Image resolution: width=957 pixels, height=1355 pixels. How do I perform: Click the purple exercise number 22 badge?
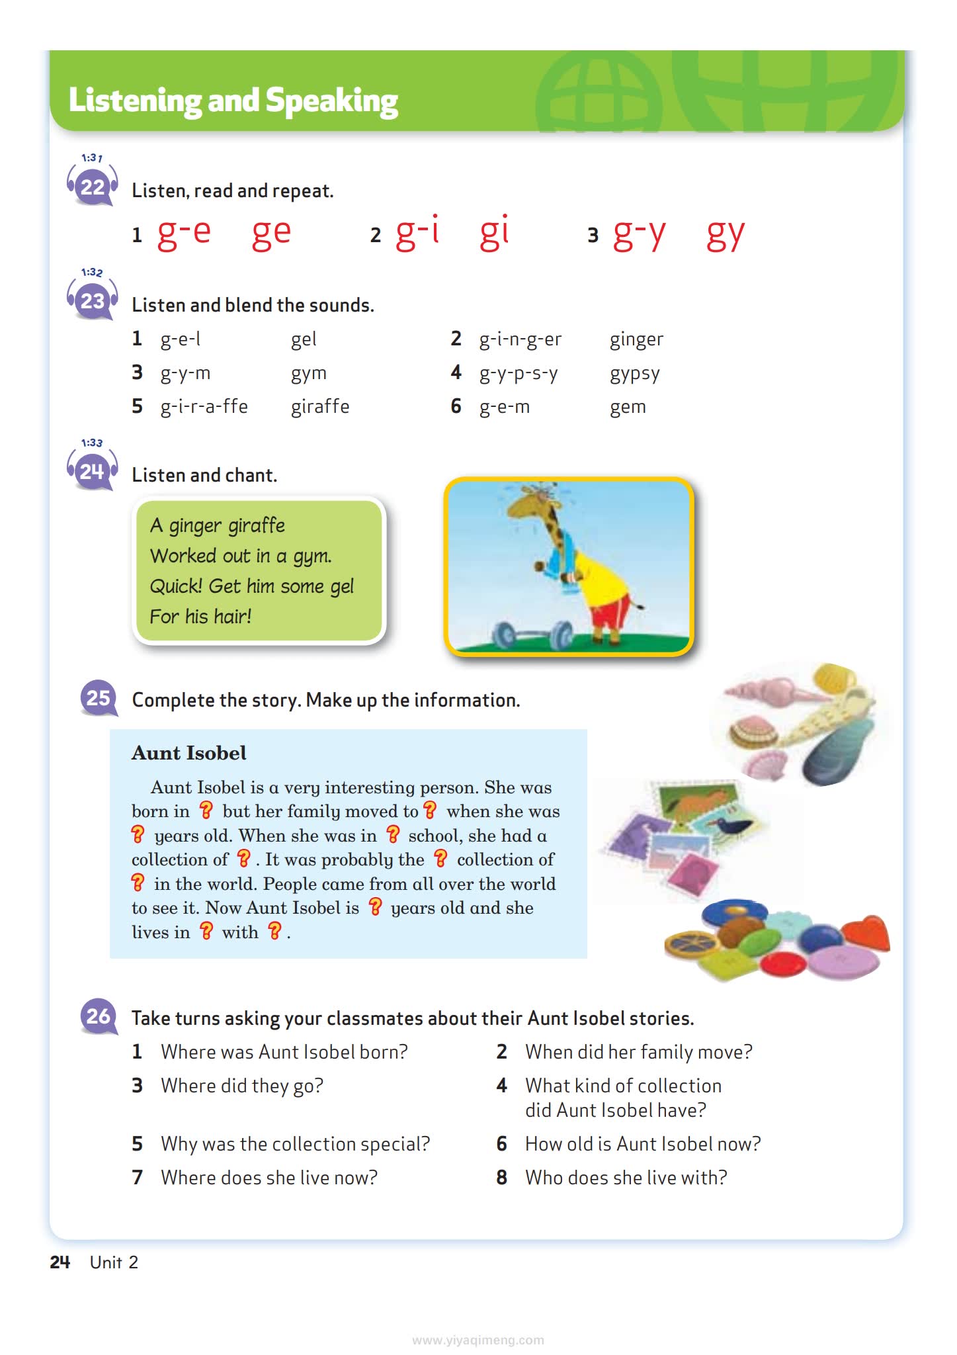[x=93, y=187]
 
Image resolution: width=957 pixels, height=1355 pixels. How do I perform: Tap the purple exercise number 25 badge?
[x=99, y=698]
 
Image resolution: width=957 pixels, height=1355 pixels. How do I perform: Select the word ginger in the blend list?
[x=636, y=339]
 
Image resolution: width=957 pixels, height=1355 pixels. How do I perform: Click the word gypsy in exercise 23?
[x=634, y=374]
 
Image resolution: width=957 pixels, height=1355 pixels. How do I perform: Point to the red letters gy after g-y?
[x=726, y=233]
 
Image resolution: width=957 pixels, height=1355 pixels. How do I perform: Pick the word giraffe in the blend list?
[x=320, y=406]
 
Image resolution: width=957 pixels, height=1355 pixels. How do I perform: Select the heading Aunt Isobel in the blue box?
[x=188, y=753]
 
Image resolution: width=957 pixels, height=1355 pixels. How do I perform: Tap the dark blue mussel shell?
[x=833, y=752]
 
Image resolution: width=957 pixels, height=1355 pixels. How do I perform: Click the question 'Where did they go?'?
[x=241, y=1086]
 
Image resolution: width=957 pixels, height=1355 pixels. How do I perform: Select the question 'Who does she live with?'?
[x=626, y=1178]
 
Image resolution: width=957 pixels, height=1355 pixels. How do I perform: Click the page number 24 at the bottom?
[x=60, y=1262]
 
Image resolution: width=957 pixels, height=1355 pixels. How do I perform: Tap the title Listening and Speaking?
[x=233, y=101]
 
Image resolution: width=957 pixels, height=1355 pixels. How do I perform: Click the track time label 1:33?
[x=92, y=443]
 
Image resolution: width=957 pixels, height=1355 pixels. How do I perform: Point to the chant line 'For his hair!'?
[x=200, y=617]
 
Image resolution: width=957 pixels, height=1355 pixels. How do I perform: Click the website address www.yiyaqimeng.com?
[x=478, y=1340]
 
